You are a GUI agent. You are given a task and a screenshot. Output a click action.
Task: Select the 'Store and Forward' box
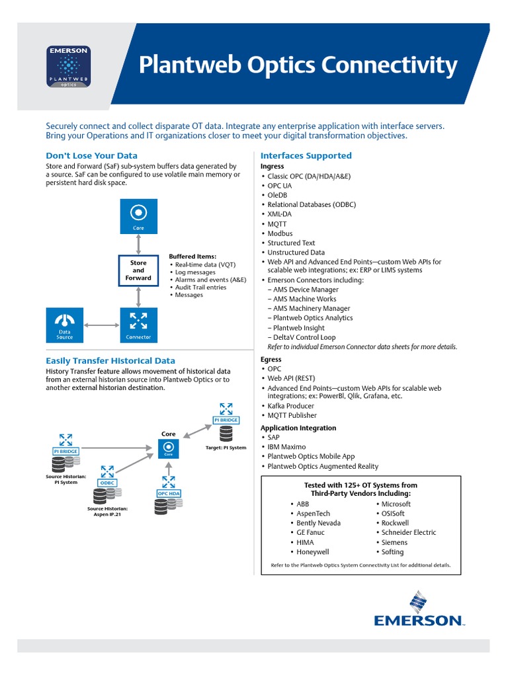point(138,270)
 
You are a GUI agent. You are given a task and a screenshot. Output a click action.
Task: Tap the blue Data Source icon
point(65,325)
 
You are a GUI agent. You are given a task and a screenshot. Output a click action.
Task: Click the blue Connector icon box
point(138,325)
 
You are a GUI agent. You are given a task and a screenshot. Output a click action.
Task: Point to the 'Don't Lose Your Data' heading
point(91,156)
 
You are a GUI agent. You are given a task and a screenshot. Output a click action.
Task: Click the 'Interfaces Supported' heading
point(306,156)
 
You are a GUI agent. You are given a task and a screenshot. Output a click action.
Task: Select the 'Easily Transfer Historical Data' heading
point(110,361)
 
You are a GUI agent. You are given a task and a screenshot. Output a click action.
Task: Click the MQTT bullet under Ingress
point(277,224)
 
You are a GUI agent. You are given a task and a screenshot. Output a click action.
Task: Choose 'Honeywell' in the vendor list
point(312,552)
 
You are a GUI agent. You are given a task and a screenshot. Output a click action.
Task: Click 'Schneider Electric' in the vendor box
point(409,533)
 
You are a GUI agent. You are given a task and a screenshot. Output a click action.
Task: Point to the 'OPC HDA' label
point(169,494)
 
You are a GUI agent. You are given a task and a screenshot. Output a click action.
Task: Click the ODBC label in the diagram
point(107,483)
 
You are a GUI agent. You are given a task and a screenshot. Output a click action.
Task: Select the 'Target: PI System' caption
point(226,448)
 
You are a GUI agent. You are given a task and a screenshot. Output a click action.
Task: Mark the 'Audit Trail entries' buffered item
point(200,288)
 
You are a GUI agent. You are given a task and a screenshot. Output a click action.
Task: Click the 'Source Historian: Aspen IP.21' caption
point(107,511)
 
